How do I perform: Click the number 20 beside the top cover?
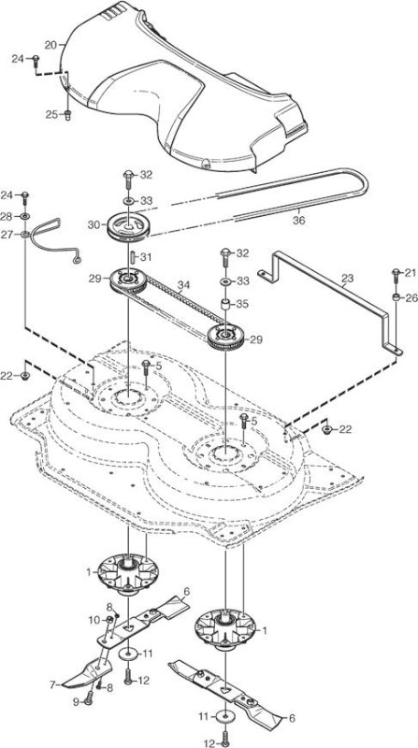point(50,45)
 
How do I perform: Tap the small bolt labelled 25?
point(67,115)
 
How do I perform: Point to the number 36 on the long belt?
point(299,221)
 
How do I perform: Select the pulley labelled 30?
point(129,226)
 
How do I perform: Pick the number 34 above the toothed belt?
point(184,285)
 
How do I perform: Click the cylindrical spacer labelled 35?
point(224,305)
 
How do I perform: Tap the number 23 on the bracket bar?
point(348,279)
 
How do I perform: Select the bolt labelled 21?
point(396,277)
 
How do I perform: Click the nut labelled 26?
point(396,297)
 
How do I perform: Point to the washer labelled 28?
point(25,217)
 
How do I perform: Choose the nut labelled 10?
point(109,619)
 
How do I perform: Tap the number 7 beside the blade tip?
point(52,684)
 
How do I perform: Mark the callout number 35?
point(243,304)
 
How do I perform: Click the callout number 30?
point(94,223)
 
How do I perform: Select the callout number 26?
point(411,298)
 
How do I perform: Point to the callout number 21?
point(411,273)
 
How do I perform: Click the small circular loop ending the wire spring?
point(77,260)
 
